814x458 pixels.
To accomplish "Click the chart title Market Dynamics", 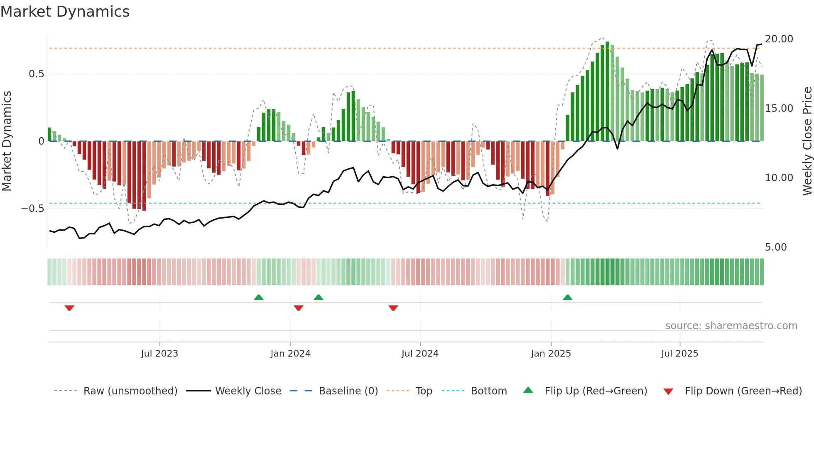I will pyautogui.click(x=65, y=12).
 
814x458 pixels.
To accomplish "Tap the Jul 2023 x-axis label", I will pyautogui.click(x=159, y=353).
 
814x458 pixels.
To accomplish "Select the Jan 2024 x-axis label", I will pyautogui.click(x=290, y=353).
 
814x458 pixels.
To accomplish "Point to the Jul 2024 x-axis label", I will pyautogui.click(x=420, y=353).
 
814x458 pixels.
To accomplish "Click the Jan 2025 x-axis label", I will pyautogui.click(x=551, y=353).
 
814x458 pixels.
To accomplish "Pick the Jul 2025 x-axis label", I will pyautogui.click(x=679, y=353).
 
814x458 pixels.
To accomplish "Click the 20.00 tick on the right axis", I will pyautogui.click(x=779, y=39).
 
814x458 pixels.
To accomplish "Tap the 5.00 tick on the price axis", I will pyautogui.click(x=776, y=247).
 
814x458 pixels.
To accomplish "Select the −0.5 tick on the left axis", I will pyautogui.click(x=33, y=208).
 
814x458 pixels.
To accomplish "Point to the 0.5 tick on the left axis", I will pyautogui.click(x=36, y=74).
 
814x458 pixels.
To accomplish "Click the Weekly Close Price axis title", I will pyautogui.click(x=807, y=141).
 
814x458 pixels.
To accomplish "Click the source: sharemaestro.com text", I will pyautogui.click(x=731, y=325).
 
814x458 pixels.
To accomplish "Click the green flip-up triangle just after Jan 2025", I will pyautogui.click(x=567, y=297).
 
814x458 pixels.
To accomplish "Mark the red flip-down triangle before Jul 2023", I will pyautogui.click(x=69, y=308).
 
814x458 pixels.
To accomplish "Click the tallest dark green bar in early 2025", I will pyautogui.click(x=607, y=91).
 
